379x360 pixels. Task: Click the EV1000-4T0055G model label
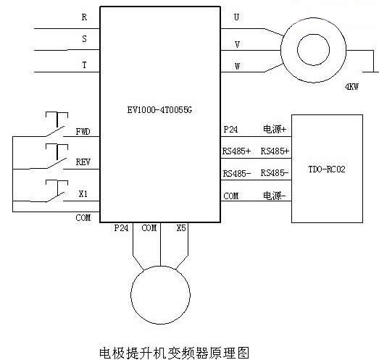click(159, 110)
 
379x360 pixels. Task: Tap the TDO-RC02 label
click(327, 169)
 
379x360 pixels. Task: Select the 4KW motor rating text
click(352, 86)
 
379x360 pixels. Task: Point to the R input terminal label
click(84, 17)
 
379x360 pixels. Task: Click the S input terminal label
click(84, 38)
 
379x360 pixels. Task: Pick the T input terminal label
click(84, 65)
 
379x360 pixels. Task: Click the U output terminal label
click(237, 17)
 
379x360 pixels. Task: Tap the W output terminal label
click(238, 66)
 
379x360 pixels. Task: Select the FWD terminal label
click(83, 132)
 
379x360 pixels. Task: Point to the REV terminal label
click(83, 162)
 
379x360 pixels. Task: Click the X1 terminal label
click(83, 194)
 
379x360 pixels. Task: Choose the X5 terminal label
click(181, 228)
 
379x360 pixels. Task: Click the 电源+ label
click(275, 129)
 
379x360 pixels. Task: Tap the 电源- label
click(275, 196)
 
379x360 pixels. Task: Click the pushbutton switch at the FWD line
click(57, 125)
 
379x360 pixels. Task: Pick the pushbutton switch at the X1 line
click(57, 191)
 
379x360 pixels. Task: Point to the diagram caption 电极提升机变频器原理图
click(174, 353)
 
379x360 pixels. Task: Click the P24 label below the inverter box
click(121, 228)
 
